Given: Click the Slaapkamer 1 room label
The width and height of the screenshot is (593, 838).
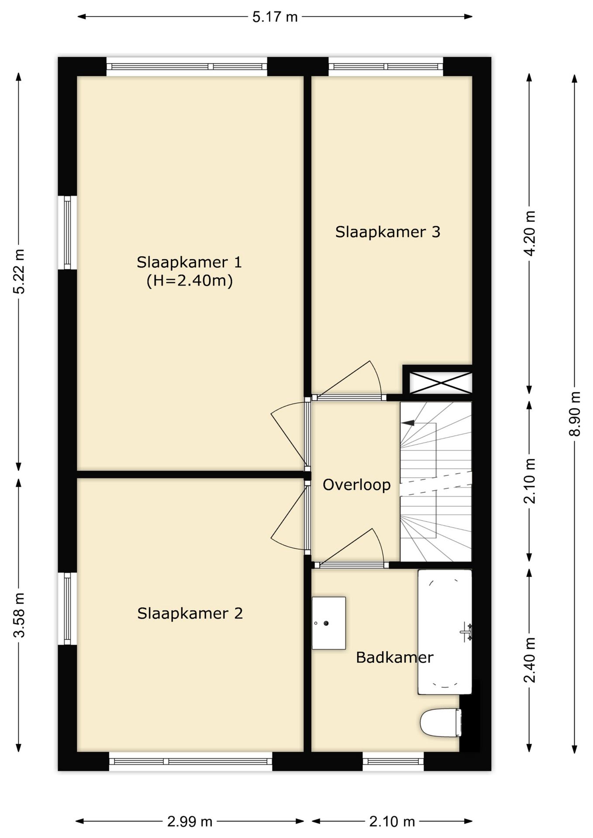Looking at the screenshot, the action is [x=189, y=262].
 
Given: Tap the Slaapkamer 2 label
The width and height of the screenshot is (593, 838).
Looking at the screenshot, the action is [x=190, y=614].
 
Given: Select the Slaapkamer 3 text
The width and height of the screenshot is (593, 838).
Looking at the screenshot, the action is [x=388, y=232].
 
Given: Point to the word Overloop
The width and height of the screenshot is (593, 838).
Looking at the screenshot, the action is [x=356, y=485].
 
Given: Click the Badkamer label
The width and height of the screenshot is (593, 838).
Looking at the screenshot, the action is [x=394, y=657].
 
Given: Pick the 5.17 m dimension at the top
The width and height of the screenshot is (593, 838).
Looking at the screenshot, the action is [x=275, y=17].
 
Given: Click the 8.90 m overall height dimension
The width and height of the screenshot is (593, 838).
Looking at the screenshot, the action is [x=575, y=413].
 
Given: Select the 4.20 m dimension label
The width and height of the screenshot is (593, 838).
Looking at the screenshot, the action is [x=530, y=234].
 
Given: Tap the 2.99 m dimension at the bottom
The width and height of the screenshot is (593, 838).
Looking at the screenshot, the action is [x=190, y=822].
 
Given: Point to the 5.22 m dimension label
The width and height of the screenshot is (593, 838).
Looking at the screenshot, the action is [x=19, y=271].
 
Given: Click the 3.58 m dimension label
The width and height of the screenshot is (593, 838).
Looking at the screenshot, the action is [x=19, y=615].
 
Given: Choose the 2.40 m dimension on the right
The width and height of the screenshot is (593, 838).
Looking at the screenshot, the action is [x=530, y=660].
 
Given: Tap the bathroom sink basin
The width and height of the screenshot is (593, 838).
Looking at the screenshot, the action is [x=329, y=623].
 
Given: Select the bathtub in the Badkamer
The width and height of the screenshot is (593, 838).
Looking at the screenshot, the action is [x=445, y=632].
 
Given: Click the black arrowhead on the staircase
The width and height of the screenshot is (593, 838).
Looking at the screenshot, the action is [x=408, y=422].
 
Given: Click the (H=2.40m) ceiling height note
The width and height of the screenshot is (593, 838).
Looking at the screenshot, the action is [x=190, y=281].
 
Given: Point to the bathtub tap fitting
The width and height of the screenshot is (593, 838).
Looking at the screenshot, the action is [x=467, y=632].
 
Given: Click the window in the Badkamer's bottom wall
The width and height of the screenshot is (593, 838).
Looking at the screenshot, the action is [x=393, y=761].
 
